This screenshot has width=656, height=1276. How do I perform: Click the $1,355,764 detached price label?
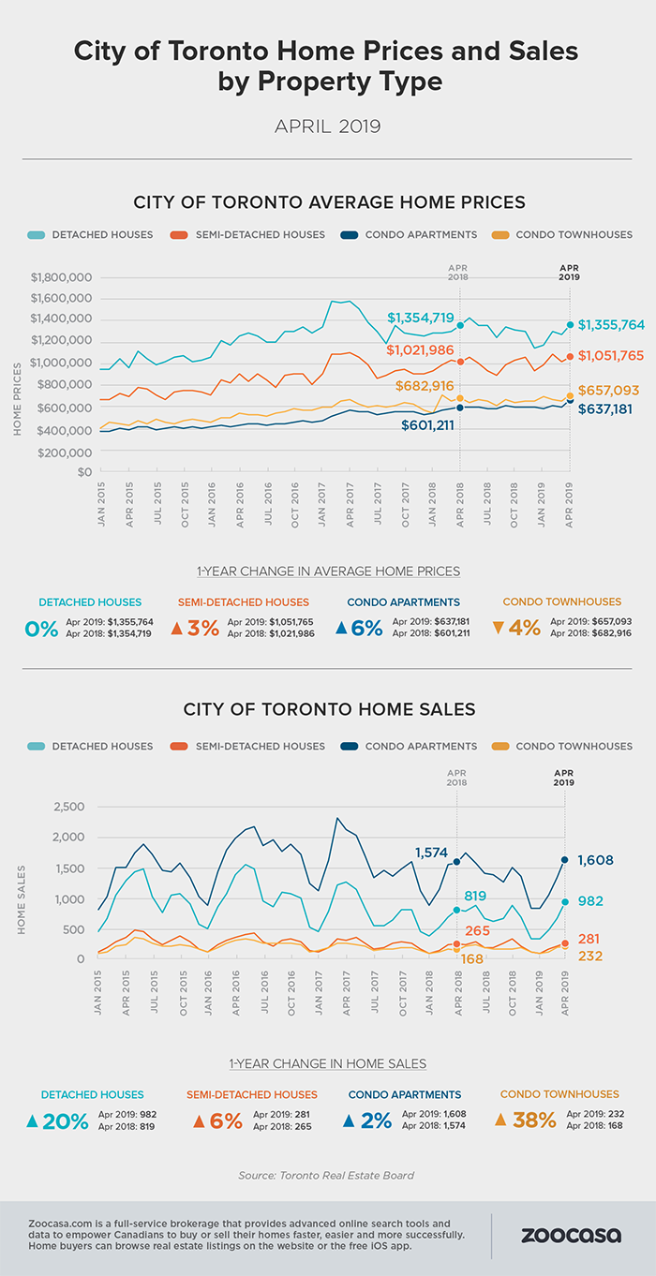[x=611, y=325]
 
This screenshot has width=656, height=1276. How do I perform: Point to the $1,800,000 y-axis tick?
[x=60, y=277]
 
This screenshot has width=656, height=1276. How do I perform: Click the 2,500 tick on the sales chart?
[x=67, y=807]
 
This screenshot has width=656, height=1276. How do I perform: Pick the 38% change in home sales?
[x=532, y=1119]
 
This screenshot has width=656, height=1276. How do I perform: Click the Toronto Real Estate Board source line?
[x=327, y=1174]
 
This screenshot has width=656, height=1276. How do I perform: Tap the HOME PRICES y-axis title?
[x=17, y=376]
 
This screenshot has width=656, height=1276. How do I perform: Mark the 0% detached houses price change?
[x=42, y=628]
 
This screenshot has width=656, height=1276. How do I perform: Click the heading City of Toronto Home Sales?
[x=328, y=709]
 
